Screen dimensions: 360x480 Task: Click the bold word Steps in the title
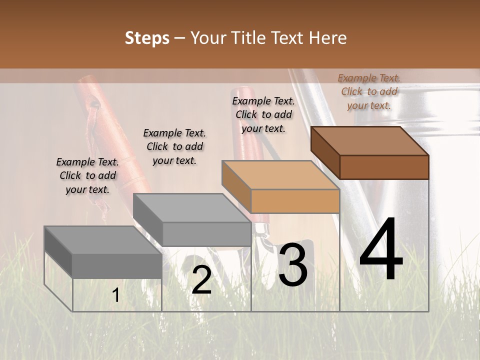147,38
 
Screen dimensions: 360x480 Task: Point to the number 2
201,280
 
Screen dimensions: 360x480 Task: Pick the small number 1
115,295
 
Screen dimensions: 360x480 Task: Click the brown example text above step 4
369,91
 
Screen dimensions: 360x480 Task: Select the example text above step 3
263,114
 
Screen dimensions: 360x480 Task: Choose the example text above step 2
174,146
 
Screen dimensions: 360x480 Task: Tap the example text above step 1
87,175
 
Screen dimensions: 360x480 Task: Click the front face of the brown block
384,167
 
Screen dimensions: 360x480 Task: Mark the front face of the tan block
295,201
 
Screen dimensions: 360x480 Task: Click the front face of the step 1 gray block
117,265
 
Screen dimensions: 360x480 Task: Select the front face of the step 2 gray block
206,234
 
